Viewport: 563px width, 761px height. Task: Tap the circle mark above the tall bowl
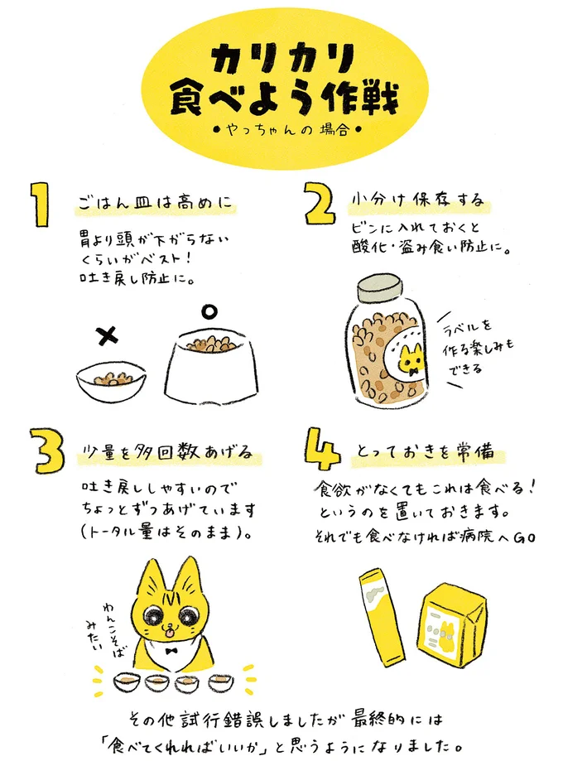tap(209, 311)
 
